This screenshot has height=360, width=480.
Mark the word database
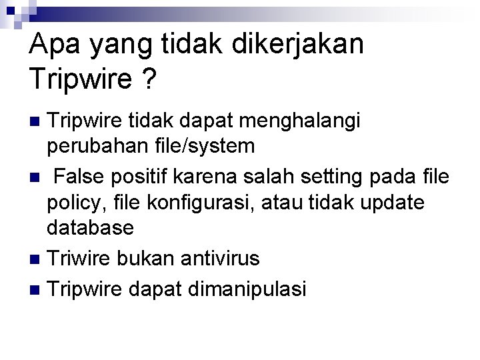(90, 227)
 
